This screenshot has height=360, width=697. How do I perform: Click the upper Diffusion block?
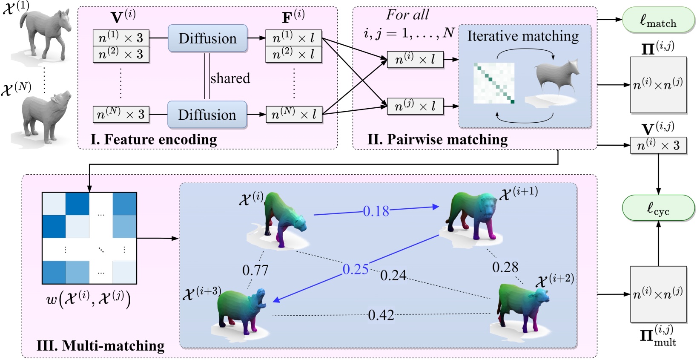(207, 38)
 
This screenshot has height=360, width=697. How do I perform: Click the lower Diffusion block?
(207, 115)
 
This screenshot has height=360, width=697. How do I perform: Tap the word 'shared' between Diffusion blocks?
(230, 78)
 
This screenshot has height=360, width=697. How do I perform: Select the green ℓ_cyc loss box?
(658, 208)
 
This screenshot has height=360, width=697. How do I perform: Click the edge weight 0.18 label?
(376, 211)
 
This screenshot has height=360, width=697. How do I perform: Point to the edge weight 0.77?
(255, 270)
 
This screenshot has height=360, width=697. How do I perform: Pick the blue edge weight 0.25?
(356, 269)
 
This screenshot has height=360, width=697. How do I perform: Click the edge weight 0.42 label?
(381, 315)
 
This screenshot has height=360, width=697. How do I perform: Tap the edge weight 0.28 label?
(505, 268)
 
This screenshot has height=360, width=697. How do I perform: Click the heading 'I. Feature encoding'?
(154, 140)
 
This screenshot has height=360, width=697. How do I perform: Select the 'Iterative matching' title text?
(523, 36)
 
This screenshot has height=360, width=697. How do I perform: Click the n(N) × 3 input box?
(121, 114)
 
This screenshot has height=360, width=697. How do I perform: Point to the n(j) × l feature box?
(415, 106)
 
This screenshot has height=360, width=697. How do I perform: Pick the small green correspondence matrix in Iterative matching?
(494, 83)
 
